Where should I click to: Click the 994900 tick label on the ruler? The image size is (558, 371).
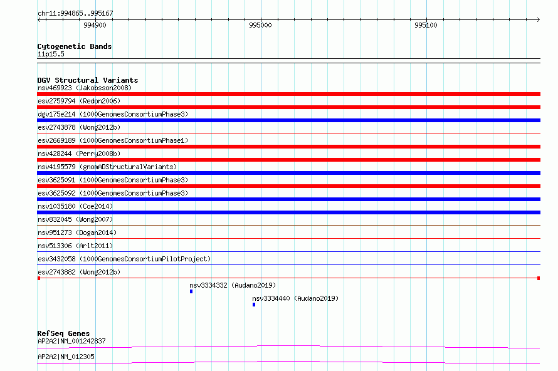click(95, 25)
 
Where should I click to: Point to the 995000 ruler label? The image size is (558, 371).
click(260, 25)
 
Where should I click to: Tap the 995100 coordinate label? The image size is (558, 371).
click(426, 25)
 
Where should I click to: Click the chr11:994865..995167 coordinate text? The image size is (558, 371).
click(75, 14)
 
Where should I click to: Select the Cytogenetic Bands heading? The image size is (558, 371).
click(75, 46)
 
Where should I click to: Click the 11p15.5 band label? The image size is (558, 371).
click(51, 54)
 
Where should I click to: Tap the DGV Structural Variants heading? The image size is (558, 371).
click(88, 80)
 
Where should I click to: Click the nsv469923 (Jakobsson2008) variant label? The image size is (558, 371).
click(85, 88)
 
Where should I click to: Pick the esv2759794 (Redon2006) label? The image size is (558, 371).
click(79, 101)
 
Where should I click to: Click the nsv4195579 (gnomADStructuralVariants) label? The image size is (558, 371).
click(107, 167)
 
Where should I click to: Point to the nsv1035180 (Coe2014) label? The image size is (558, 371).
click(75, 206)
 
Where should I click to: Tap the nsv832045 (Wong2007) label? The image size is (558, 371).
click(75, 219)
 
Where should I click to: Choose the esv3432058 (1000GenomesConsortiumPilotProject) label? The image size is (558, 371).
click(124, 259)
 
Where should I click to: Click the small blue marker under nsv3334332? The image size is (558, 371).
click(191, 291)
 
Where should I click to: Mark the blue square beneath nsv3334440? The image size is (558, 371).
click(254, 305)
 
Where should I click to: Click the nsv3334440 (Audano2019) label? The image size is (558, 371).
click(295, 298)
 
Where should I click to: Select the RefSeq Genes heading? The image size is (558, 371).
click(64, 333)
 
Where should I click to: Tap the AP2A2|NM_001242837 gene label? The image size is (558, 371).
click(71, 341)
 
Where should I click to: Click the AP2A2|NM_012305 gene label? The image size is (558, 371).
click(66, 357)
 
